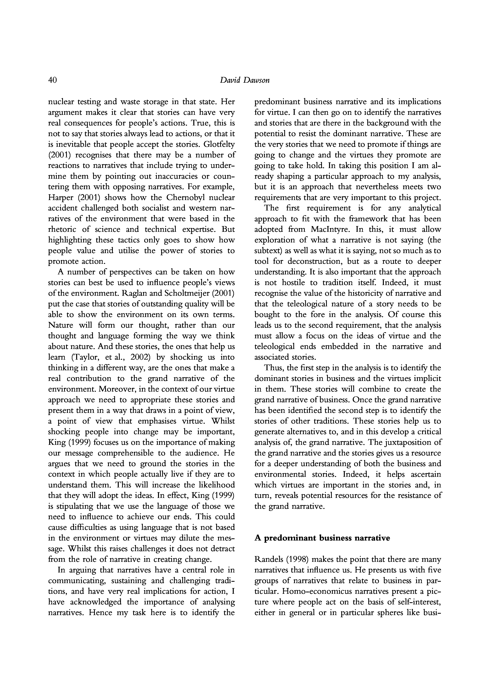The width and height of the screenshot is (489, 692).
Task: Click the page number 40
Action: pyautogui.click(x=52, y=80)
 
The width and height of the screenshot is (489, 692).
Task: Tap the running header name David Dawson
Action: pyautogui.click(x=244, y=80)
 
